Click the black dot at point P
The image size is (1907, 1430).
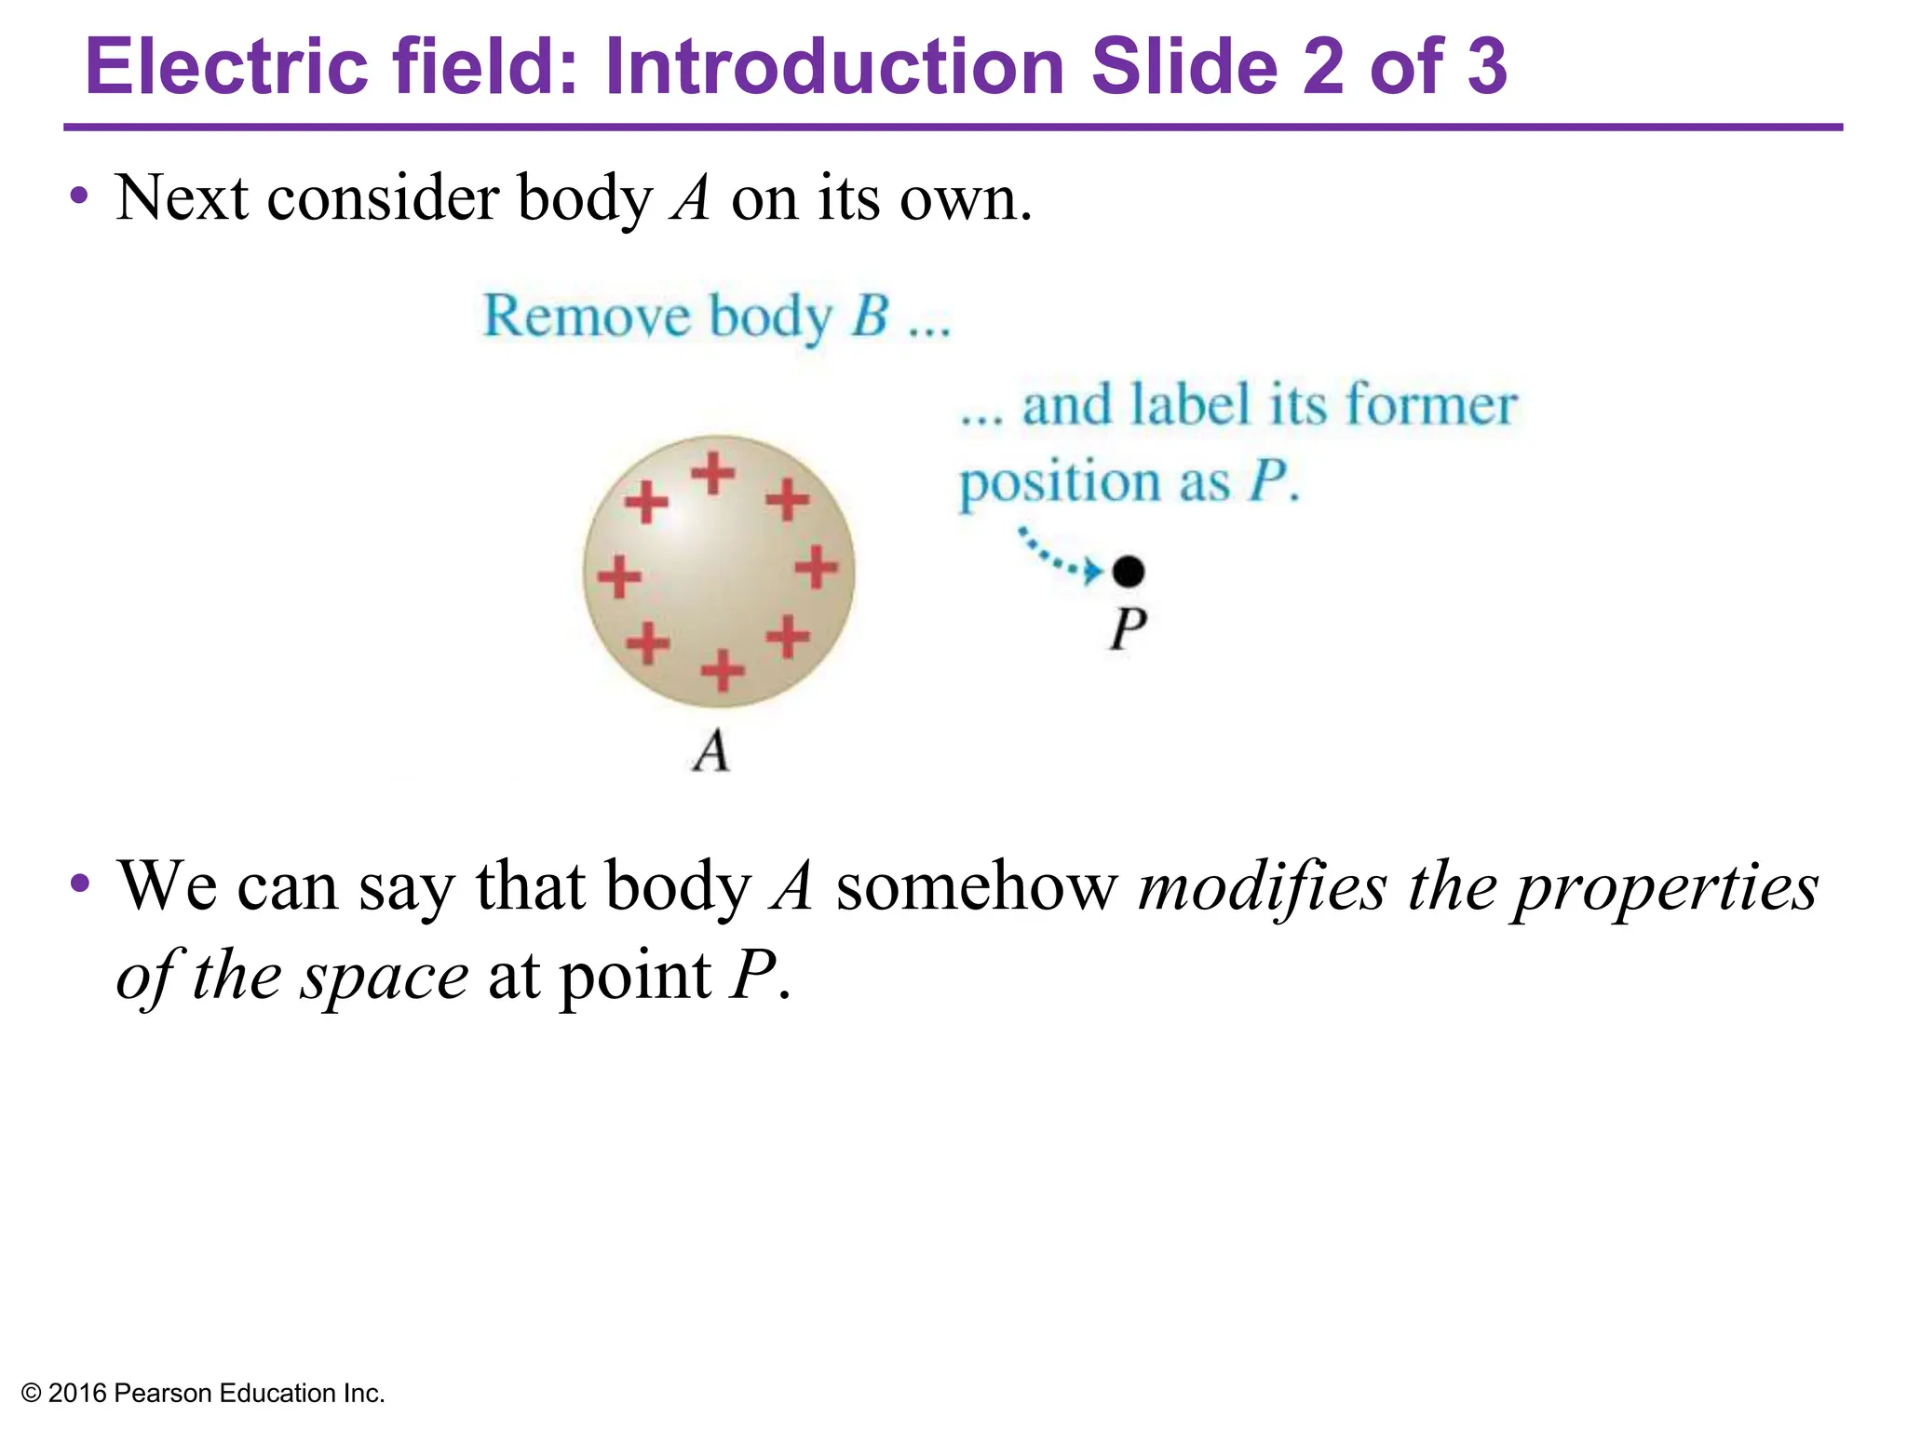[x=1129, y=571]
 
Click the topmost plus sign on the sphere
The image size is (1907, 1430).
[x=713, y=473]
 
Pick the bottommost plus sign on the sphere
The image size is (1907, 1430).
[x=723, y=670]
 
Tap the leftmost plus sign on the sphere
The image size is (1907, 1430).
[x=619, y=575]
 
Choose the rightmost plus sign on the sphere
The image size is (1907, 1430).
[x=817, y=567]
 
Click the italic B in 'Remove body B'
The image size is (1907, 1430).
[x=870, y=316]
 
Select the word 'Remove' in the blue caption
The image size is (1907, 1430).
[x=587, y=316]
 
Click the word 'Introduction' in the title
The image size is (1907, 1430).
[x=834, y=67]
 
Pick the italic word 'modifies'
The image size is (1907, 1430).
[x=1263, y=886]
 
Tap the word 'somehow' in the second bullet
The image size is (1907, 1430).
[x=976, y=886]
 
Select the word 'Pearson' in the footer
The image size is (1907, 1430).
[x=165, y=1394]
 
